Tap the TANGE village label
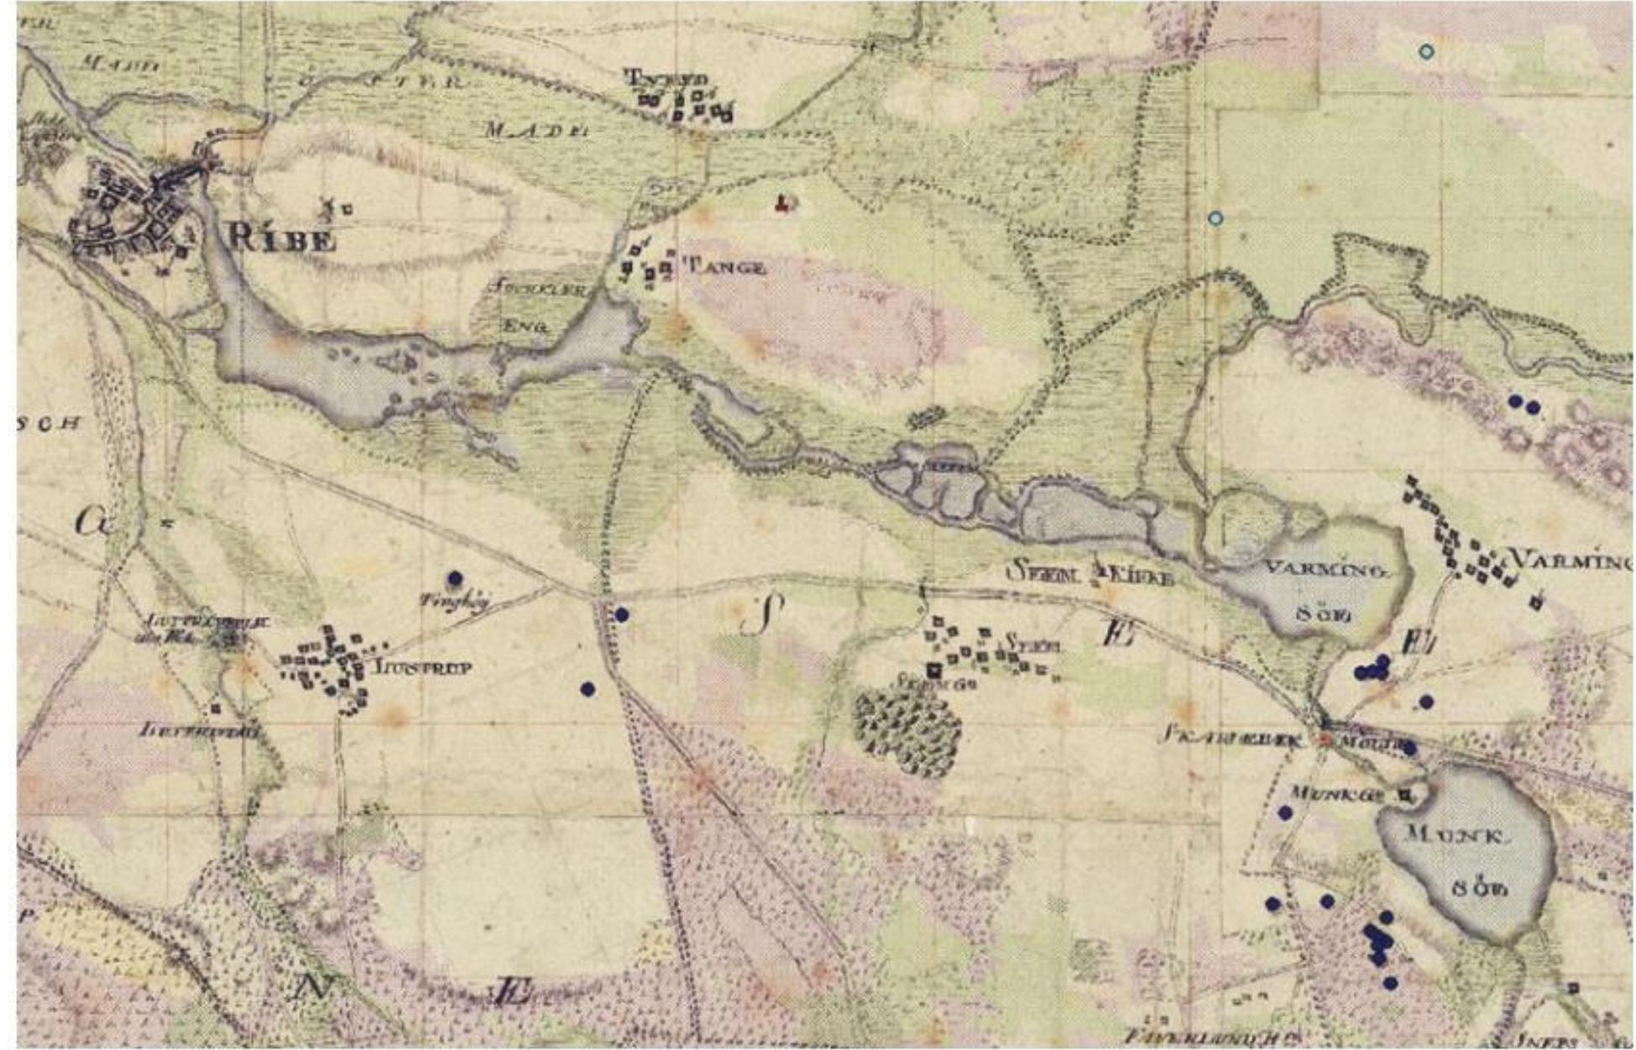(x=726, y=268)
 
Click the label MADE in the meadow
(x=537, y=130)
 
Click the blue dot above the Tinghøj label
(x=455, y=578)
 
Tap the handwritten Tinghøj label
(x=454, y=600)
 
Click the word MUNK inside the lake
(x=1456, y=835)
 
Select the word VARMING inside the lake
(x=1325, y=569)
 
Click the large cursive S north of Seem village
(x=762, y=614)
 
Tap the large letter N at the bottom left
(x=314, y=987)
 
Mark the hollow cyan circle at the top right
(x=1426, y=51)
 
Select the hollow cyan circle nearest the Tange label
(x=1215, y=219)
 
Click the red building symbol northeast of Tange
(x=784, y=203)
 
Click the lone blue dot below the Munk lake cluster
(x=1390, y=983)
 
